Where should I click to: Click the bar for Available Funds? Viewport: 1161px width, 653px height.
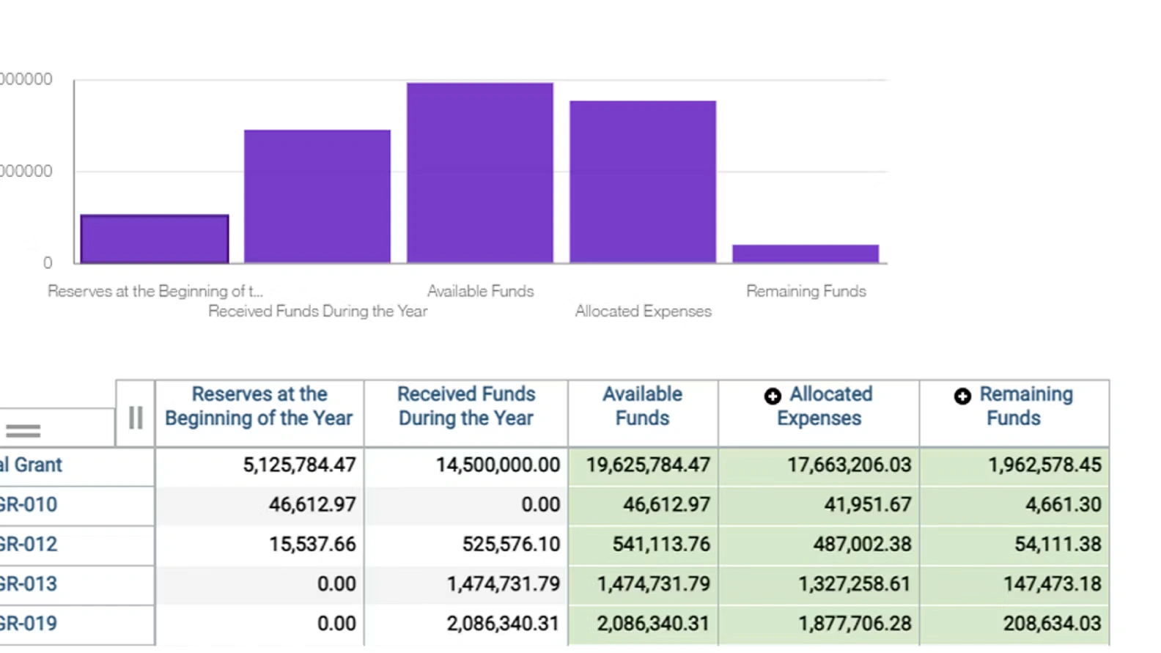pos(480,173)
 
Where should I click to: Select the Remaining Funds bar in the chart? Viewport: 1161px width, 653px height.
pos(806,254)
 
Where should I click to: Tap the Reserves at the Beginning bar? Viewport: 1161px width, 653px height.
pos(155,239)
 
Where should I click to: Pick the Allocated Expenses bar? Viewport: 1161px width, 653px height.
pos(643,182)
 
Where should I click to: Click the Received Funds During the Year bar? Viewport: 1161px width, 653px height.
pos(317,196)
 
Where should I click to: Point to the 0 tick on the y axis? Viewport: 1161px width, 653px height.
pos(48,263)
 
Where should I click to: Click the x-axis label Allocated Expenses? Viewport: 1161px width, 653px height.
pos(643,311)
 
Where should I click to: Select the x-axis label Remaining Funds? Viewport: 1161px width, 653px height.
pos(806,292)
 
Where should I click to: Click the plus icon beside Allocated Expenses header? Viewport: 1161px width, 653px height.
pos(773,396)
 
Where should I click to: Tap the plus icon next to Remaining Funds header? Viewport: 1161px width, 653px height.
pos(962,396)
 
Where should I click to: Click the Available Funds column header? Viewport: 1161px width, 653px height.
pos(642,406)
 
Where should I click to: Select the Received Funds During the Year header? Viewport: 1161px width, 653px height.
pos(466,406)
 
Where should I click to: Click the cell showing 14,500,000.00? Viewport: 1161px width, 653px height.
pos(498,465)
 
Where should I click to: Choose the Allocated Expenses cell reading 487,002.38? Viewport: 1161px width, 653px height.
pos(862,545)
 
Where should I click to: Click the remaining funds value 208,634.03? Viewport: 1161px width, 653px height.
pos(1052,624)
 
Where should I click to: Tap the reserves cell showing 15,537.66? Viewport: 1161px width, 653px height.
pos(312,545)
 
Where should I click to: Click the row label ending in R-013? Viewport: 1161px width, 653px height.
pos(29,584)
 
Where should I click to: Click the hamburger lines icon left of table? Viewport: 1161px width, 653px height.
pos(23,431)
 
